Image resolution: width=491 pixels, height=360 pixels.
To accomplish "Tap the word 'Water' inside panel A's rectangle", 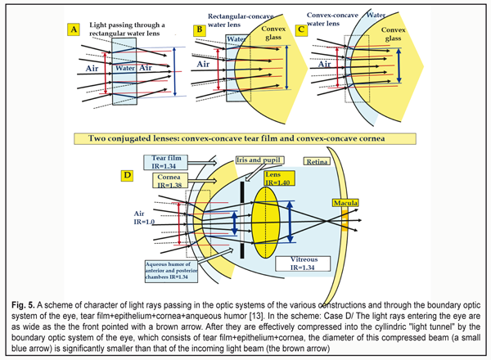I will click(124, 70).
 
